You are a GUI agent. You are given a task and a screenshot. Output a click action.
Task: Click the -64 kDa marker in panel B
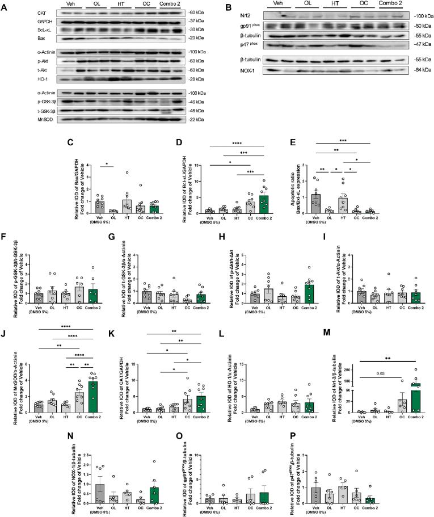(415, 71)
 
